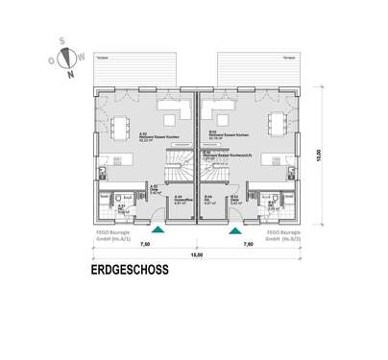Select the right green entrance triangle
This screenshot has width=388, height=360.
tap(233, 229)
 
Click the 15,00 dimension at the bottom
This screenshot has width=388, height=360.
tap(196, 255)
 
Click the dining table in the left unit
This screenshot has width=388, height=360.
tap(122, 125)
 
